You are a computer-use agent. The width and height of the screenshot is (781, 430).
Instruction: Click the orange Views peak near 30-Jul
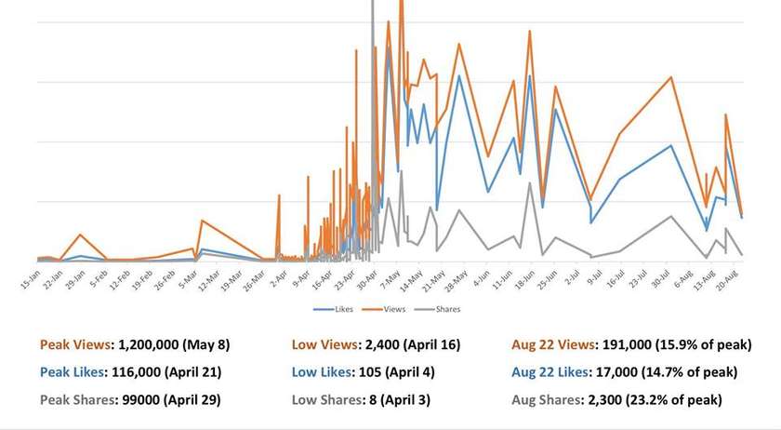[x=671, y=76]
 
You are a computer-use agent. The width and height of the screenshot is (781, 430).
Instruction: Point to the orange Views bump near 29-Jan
[x=81, y=235]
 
